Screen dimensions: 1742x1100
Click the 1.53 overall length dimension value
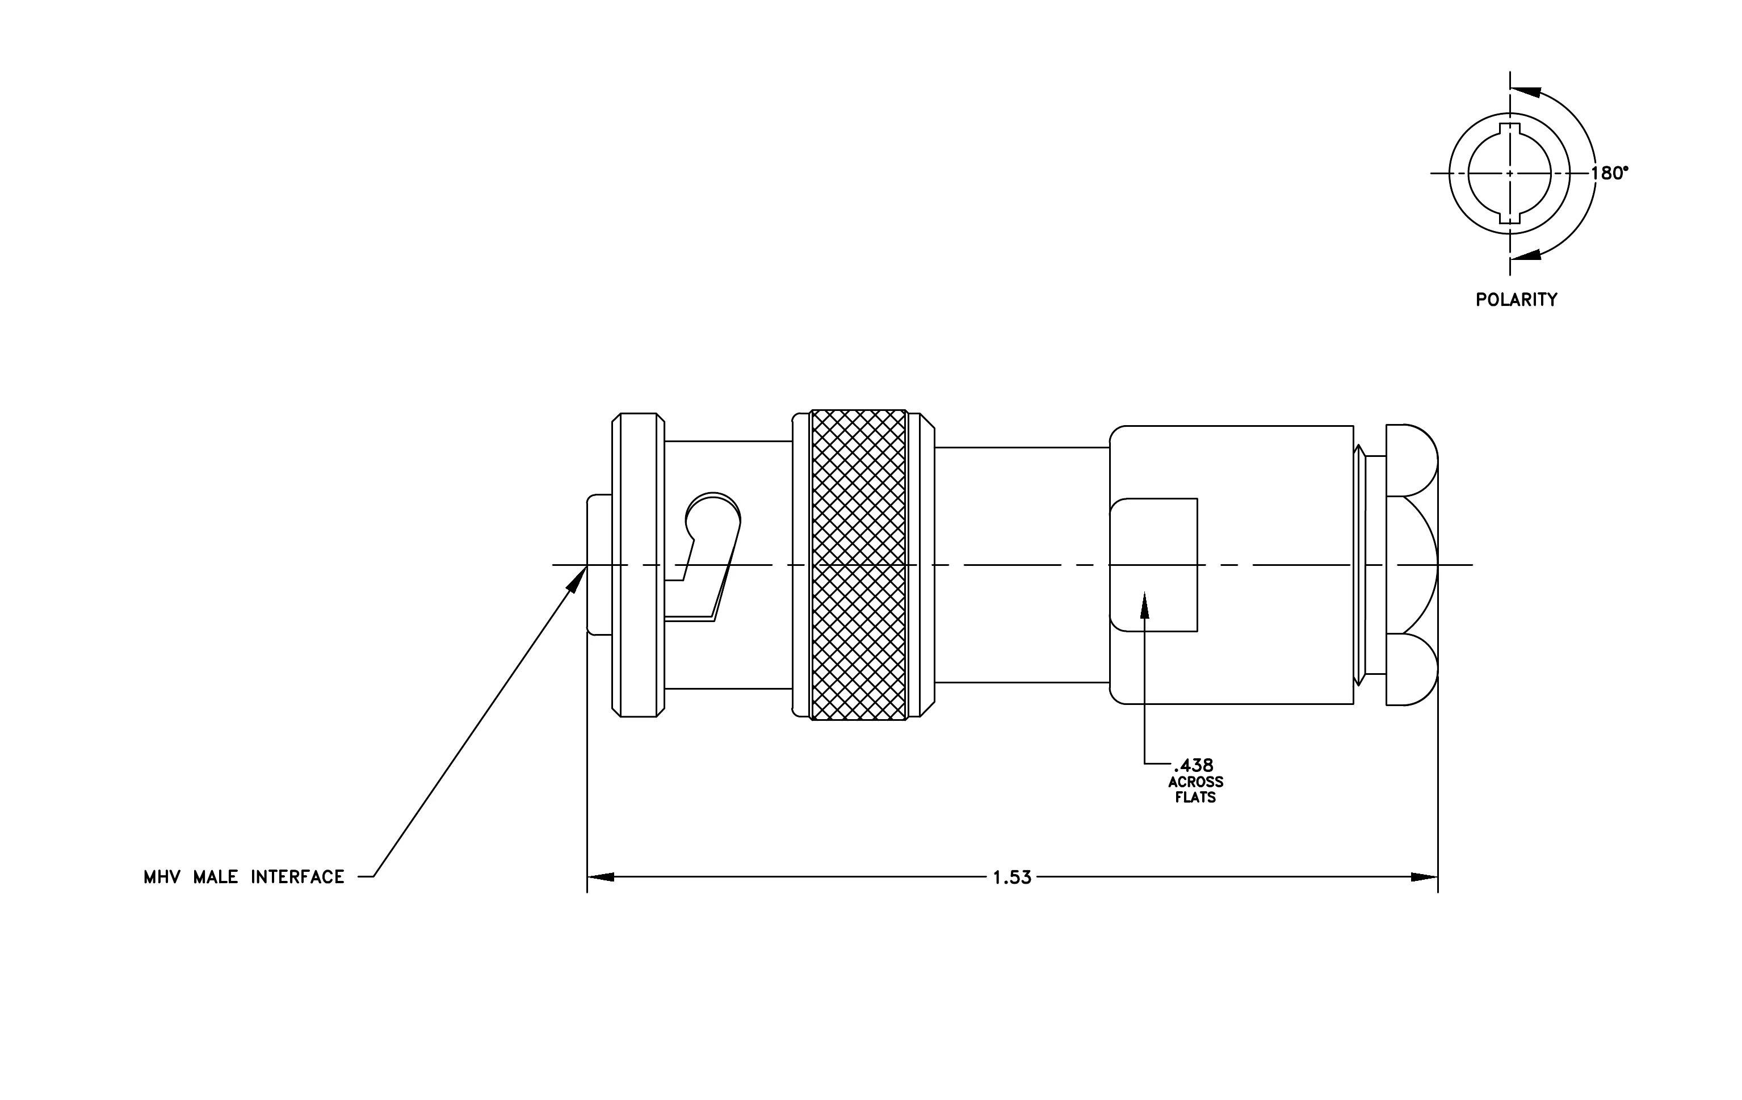1011,878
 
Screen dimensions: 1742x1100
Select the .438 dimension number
1194,765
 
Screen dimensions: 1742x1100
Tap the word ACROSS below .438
1196,782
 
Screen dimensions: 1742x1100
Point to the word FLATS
1196,797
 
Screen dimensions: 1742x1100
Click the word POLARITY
1516,300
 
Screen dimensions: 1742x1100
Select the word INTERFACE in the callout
297,878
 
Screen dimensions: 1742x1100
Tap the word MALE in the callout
216,878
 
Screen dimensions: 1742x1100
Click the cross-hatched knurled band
859,565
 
